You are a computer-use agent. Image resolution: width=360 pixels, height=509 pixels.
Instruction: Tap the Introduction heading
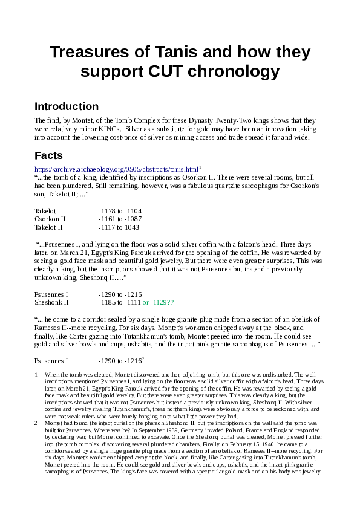tap(67, 106)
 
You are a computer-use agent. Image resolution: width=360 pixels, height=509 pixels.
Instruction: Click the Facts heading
tap(48, 155)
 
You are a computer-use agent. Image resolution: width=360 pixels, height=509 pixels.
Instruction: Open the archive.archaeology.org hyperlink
tap(116, 169)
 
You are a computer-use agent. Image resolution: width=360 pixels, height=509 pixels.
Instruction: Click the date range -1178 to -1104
tap(120, 210)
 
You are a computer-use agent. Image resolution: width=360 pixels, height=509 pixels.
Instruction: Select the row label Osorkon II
tap(50, 219)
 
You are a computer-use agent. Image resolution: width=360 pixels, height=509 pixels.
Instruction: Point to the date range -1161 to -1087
tap(120, 219)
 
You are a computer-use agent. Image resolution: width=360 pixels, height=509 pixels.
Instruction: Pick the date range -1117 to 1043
tap(119, 227)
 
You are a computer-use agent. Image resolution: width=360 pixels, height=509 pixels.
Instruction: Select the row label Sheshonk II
tap(52, 302)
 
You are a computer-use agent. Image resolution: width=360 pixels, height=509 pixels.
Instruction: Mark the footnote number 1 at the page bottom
tap(37, 375)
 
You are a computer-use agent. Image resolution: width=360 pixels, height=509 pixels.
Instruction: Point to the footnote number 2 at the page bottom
tap(37, 423)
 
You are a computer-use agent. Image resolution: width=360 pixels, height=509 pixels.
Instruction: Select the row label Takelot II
tap(48, 227)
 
